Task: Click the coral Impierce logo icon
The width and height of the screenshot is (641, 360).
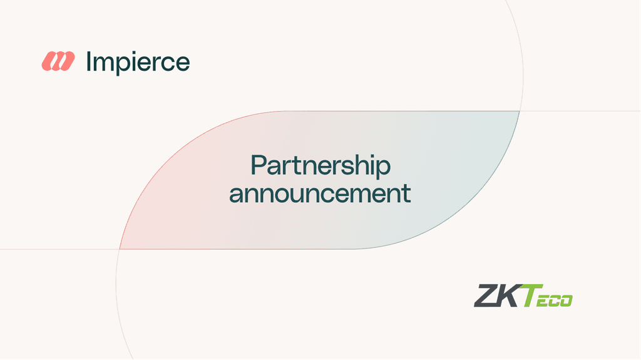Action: click(58, 61)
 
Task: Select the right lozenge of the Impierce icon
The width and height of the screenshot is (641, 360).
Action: click(65, 61)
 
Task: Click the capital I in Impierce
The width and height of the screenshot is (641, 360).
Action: click(89, 62)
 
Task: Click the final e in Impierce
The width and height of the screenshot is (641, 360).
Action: click(182, 64)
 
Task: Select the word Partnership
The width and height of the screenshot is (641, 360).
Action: click(320, 167)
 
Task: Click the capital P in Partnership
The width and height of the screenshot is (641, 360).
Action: click(258, 165)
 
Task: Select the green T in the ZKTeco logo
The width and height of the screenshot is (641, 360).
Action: click(531, 296)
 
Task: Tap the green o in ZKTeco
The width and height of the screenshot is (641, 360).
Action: click(565, 301)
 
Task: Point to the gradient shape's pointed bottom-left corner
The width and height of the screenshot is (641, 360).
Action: click(120, 249)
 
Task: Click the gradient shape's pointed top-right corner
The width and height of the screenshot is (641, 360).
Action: click(520, 111)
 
